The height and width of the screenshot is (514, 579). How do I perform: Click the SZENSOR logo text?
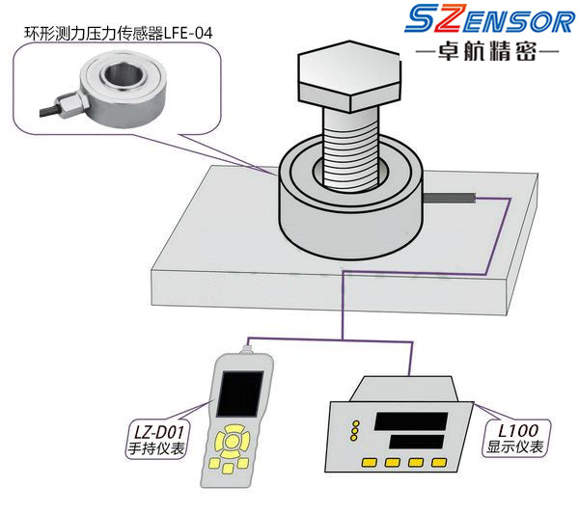point(490,19)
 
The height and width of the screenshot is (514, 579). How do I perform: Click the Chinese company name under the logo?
point(487,51)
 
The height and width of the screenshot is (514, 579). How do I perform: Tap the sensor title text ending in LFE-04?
point(118,33)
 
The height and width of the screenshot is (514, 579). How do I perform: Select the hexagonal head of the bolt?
point(349,76)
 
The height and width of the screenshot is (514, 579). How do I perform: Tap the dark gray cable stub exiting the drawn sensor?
point(449,198)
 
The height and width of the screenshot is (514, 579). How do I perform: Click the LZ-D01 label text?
point(158,431)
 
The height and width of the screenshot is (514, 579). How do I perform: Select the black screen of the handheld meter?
point(240,393)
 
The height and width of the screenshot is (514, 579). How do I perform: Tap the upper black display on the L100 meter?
point(411,421)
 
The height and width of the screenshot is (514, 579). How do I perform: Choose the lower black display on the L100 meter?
point(417,442)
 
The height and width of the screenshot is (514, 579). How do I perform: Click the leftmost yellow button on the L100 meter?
point(370,462)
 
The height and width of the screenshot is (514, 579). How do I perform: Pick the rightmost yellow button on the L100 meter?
point(439,462)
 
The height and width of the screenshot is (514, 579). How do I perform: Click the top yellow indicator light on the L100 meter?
point(355,423)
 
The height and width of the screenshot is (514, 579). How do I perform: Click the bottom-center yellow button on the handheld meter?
point(228,468)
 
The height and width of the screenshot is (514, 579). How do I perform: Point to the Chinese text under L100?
point(515,446)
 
